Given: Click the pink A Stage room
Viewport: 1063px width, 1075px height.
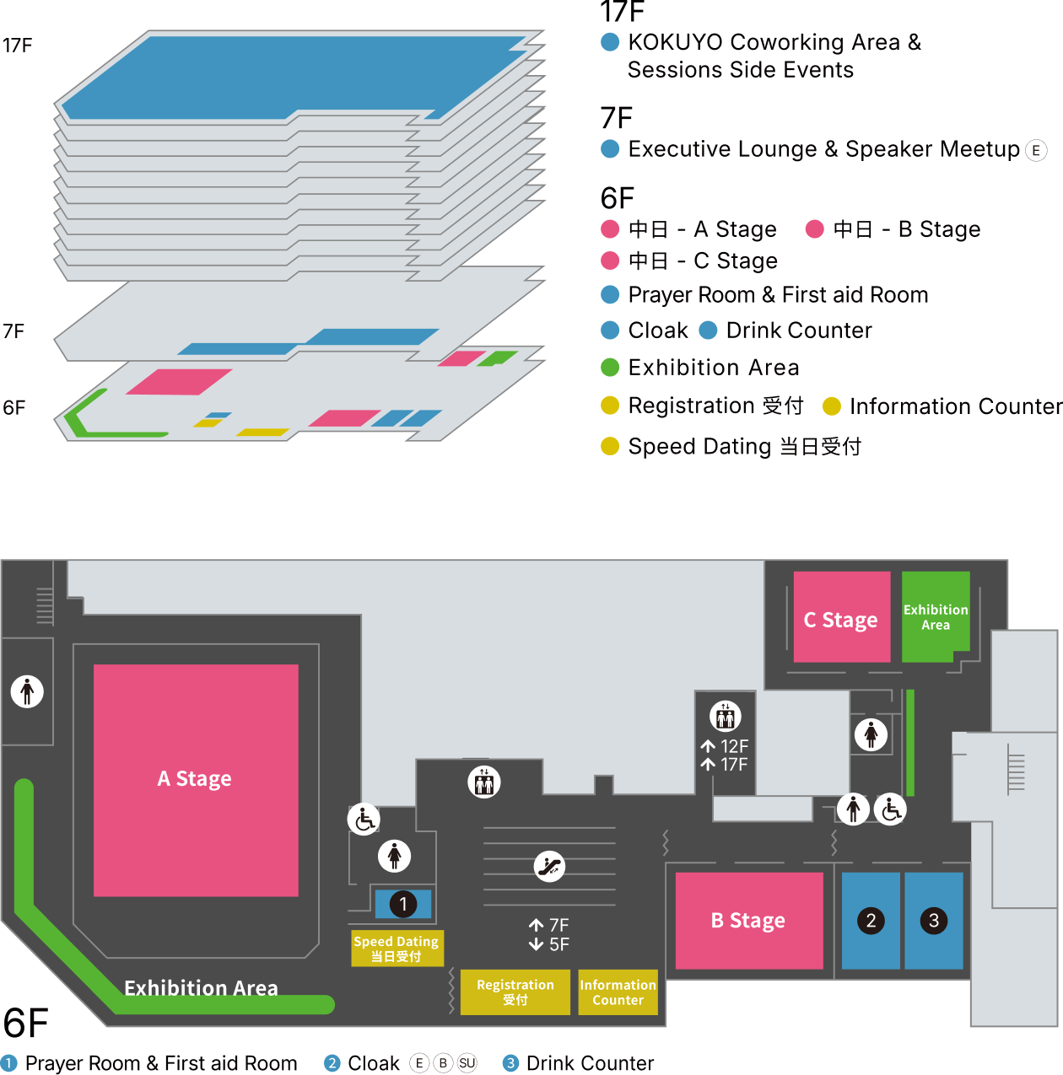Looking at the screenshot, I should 196,779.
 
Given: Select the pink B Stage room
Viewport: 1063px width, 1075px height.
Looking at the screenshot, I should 748,921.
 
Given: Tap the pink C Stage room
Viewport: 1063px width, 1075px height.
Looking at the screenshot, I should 841,619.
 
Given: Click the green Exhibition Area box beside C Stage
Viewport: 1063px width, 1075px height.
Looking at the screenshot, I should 935,616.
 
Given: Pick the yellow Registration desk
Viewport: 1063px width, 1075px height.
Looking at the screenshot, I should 515,992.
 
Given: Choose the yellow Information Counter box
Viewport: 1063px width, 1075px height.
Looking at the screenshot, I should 618,992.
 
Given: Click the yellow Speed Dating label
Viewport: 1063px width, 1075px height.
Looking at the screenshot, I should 397,949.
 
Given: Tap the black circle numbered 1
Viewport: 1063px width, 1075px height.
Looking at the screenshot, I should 403,905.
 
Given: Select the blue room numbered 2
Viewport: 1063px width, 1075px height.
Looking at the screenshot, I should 871,921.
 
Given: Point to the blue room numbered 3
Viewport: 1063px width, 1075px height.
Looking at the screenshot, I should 934,921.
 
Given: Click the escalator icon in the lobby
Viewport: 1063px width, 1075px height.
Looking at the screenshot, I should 549,866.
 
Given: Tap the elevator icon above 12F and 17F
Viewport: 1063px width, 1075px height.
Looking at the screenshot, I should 726,716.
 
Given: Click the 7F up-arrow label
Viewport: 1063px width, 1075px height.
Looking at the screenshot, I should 549,925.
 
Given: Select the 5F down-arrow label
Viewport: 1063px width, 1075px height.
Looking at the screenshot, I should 549,944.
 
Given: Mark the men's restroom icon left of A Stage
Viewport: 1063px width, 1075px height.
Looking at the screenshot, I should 27,691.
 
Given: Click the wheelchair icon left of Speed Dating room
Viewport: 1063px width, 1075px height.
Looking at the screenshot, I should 364,819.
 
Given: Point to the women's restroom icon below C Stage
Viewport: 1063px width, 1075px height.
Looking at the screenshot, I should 871,734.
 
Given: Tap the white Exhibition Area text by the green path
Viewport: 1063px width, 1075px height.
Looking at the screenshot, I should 201,987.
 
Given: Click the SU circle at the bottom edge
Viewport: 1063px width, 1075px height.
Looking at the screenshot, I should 467,1063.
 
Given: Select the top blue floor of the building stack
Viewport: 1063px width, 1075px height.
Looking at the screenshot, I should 295,76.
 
